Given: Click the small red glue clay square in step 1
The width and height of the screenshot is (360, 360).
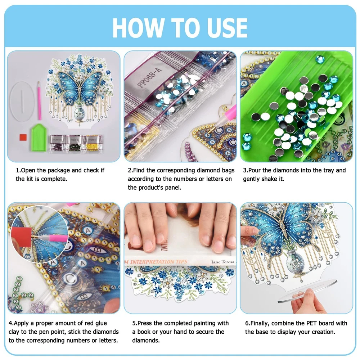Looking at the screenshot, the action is point(23,137).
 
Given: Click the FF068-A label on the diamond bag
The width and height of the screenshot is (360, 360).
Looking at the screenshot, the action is point(149,77).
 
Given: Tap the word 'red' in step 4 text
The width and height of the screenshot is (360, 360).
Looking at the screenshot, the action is point(89,323).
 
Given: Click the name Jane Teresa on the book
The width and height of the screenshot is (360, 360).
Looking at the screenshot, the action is point(222,262).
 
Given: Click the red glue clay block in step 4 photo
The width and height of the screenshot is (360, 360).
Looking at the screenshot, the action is point(22,237).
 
